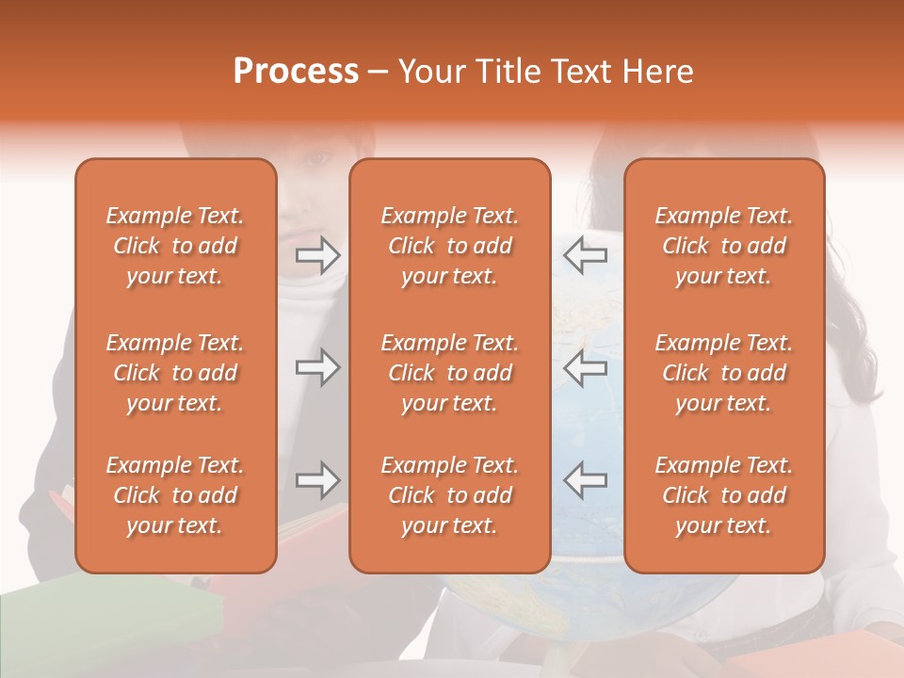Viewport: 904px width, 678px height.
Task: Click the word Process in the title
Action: [x=296, y=72]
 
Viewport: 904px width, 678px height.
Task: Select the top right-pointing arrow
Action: [x=317, y=255]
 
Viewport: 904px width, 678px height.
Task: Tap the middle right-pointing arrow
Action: [x=317, y=367]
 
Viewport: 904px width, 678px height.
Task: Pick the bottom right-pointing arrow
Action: [x=317, y=480]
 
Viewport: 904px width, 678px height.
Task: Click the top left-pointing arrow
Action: [x=585, y=255]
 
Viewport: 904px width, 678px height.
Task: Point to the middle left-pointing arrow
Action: [x=585, y=367]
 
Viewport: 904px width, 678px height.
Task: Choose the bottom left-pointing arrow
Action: [x=585, y=480]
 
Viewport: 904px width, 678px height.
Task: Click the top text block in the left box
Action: [x=175, y=246]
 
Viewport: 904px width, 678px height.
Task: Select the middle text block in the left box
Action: [x=175, y=373]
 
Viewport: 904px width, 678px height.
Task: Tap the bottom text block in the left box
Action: [x=175, y=495]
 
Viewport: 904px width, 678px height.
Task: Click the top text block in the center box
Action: [x=449, y=246]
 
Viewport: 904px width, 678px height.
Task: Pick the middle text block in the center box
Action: [x=449, y=373]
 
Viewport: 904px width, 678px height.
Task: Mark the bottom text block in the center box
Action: [x=449, y=495]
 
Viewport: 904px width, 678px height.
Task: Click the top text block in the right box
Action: [x=724, y=246]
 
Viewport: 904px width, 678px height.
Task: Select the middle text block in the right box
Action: [x=724, y=373]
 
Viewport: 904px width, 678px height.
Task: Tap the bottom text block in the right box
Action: [x=724, y=495]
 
